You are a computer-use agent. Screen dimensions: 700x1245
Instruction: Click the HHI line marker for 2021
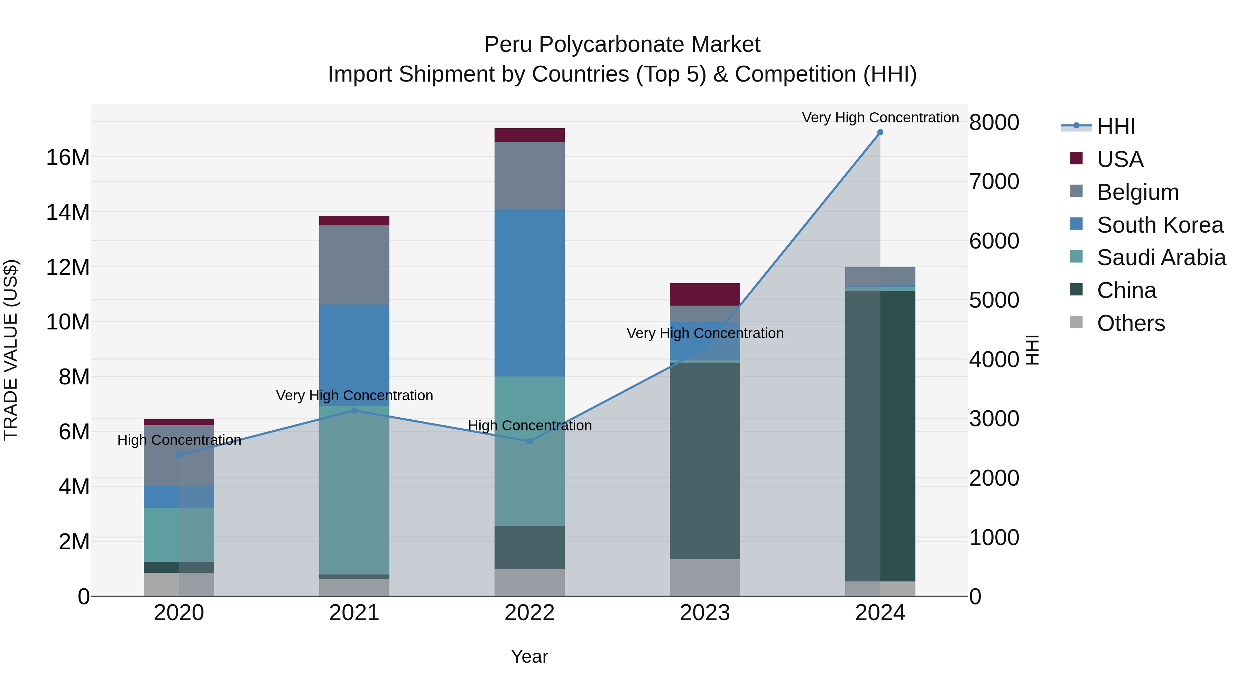pos(354,411)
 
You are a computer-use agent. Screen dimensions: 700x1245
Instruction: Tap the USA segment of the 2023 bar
pos(705,294)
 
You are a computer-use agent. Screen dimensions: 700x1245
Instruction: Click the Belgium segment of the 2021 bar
pos(354,265)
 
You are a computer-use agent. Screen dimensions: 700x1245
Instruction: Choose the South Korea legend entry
pos(1160,225)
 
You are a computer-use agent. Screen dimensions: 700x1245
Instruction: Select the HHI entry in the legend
pos(1115,127)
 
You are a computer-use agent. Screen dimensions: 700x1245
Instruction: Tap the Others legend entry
pos(1131,323)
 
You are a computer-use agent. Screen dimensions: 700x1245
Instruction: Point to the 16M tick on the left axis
pos(68,158)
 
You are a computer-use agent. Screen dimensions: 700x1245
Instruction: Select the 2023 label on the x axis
pos(705,613)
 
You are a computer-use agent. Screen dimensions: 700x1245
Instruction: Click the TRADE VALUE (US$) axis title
pos(11,350)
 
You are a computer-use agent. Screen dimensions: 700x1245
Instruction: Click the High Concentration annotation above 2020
pos(179,440)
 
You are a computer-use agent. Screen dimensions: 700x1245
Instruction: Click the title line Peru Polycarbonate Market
pos(622,45)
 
